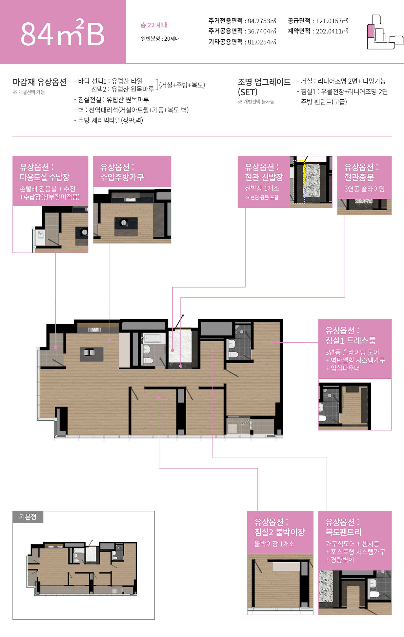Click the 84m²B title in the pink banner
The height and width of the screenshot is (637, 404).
pyautogui.click(x=62, y=33)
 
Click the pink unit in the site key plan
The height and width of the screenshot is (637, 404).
pyautogui.click(x=371, y=31)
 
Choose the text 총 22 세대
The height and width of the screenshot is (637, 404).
pyautogui.click(x=154, y=25)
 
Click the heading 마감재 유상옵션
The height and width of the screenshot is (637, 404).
pyautogui.click(x=39, y=82)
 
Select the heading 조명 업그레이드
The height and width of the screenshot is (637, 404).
pyautogui.click(x=264, y=82)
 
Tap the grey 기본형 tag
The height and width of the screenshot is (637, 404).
pyautogui.click(x=28, y=517)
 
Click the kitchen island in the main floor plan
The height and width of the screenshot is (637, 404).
pyautogui.click(x=92, y=354)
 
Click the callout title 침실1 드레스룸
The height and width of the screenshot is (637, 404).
pyautogui.click(x=350, y=340)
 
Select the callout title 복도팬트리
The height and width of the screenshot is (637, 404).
pyautogui.click(x=343, y=532)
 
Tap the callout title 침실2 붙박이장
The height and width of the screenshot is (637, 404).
pyautogui.click(x=280, y=532)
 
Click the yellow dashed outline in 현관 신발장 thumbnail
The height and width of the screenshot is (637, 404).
pyautogui.click(x=294, y=182)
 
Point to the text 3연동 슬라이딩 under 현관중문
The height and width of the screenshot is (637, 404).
pyautogui.click(x=364, y=189)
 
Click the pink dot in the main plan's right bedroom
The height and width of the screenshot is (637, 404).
pyautogui.click(x=271, y=342)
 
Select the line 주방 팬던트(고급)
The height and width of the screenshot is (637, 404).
pyautogui.click(x=322, y=102)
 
